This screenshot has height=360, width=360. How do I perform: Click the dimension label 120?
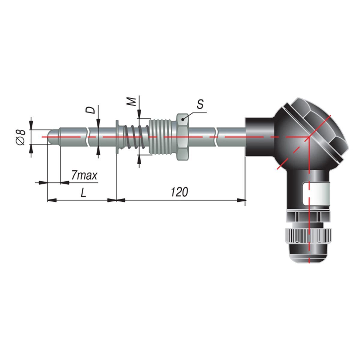click(179, 192)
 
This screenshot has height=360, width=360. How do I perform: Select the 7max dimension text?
click(84, 175)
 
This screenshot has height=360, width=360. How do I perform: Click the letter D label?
click(90, 110)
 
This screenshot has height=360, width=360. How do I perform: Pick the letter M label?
click(133, 102)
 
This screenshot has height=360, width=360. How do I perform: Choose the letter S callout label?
click(200, 104)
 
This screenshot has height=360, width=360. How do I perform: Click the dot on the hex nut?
click(183, 119)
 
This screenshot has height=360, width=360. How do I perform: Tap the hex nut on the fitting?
click(183, 137)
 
